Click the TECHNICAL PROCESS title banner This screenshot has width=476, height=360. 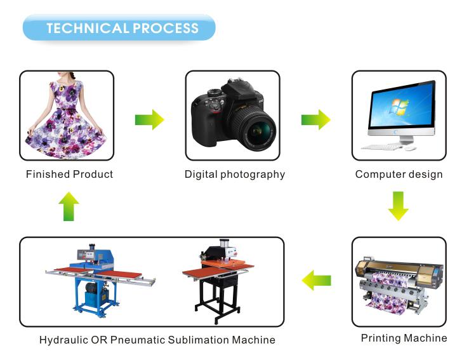[119, 28]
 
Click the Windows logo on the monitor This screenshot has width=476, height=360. [399, 107]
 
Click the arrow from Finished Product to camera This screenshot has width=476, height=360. [149, 120]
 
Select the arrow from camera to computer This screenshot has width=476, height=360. [315, 120]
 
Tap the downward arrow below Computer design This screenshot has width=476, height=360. [399, 206]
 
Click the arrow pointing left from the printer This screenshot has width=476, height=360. [316, 280]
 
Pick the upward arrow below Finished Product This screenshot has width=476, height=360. [69, 206]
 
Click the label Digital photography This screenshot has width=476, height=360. [235, 175]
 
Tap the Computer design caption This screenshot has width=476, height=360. [399, 175]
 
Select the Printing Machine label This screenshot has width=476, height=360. [404, 338]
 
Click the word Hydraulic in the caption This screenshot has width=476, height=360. [63, 340]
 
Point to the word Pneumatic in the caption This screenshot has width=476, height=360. [138, 340]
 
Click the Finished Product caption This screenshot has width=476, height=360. [70, 175]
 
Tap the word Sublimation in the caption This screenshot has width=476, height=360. [198, 340]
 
